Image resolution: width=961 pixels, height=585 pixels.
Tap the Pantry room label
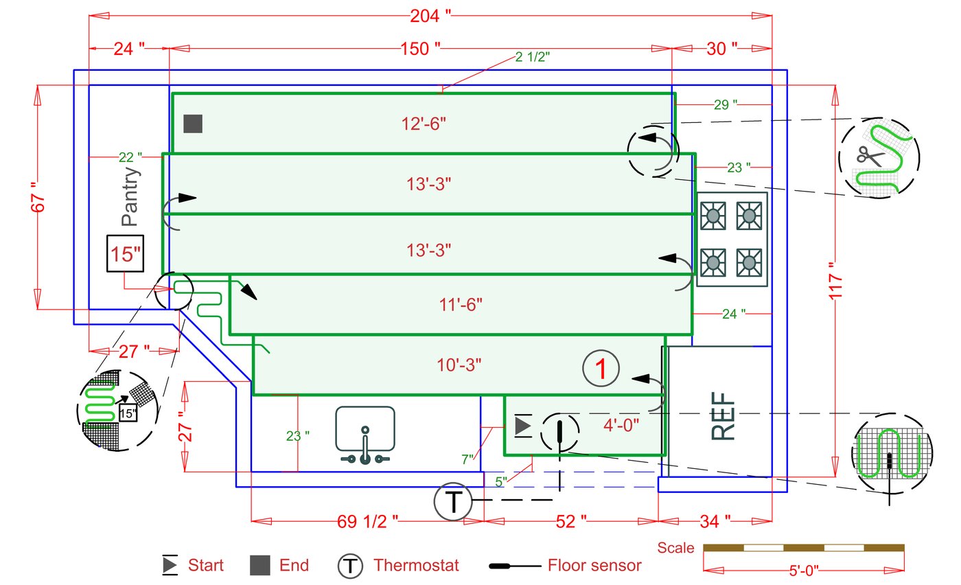pyautogui.click(x=130, y=197)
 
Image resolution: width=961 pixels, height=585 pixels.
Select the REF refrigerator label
pyautogui.click(x=723, y=415)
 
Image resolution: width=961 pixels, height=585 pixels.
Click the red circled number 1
pyautogui.click(x=601, y=369)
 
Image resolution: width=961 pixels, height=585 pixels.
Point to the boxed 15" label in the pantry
pyautogui.click(x=124, y=254)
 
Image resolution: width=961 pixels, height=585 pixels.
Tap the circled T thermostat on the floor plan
pyautogui.click(x=452, y=502)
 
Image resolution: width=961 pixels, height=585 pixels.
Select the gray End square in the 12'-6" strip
pyautogui.click(x=193, y=124)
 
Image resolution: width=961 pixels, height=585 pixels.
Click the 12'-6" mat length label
pyautogui.click(x=424, y=124)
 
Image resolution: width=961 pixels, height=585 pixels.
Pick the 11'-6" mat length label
pyautogui.click(x=460, y=304)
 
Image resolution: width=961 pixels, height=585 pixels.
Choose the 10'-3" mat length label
pyautogui.click(x=459, y=365)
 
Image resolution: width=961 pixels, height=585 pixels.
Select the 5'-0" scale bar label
pyautogui.click(x=804, y=571)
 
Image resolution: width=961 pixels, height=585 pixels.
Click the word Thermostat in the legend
pyautogui.click(x=416, y=566)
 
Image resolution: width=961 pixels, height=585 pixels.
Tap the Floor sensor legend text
pyautogui.click(x=594, y=566)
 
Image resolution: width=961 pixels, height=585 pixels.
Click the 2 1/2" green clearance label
pyautogui.click(x=532, y=57)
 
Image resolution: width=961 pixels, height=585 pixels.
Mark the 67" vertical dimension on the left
pyautogui.click(x=38, y=197)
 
